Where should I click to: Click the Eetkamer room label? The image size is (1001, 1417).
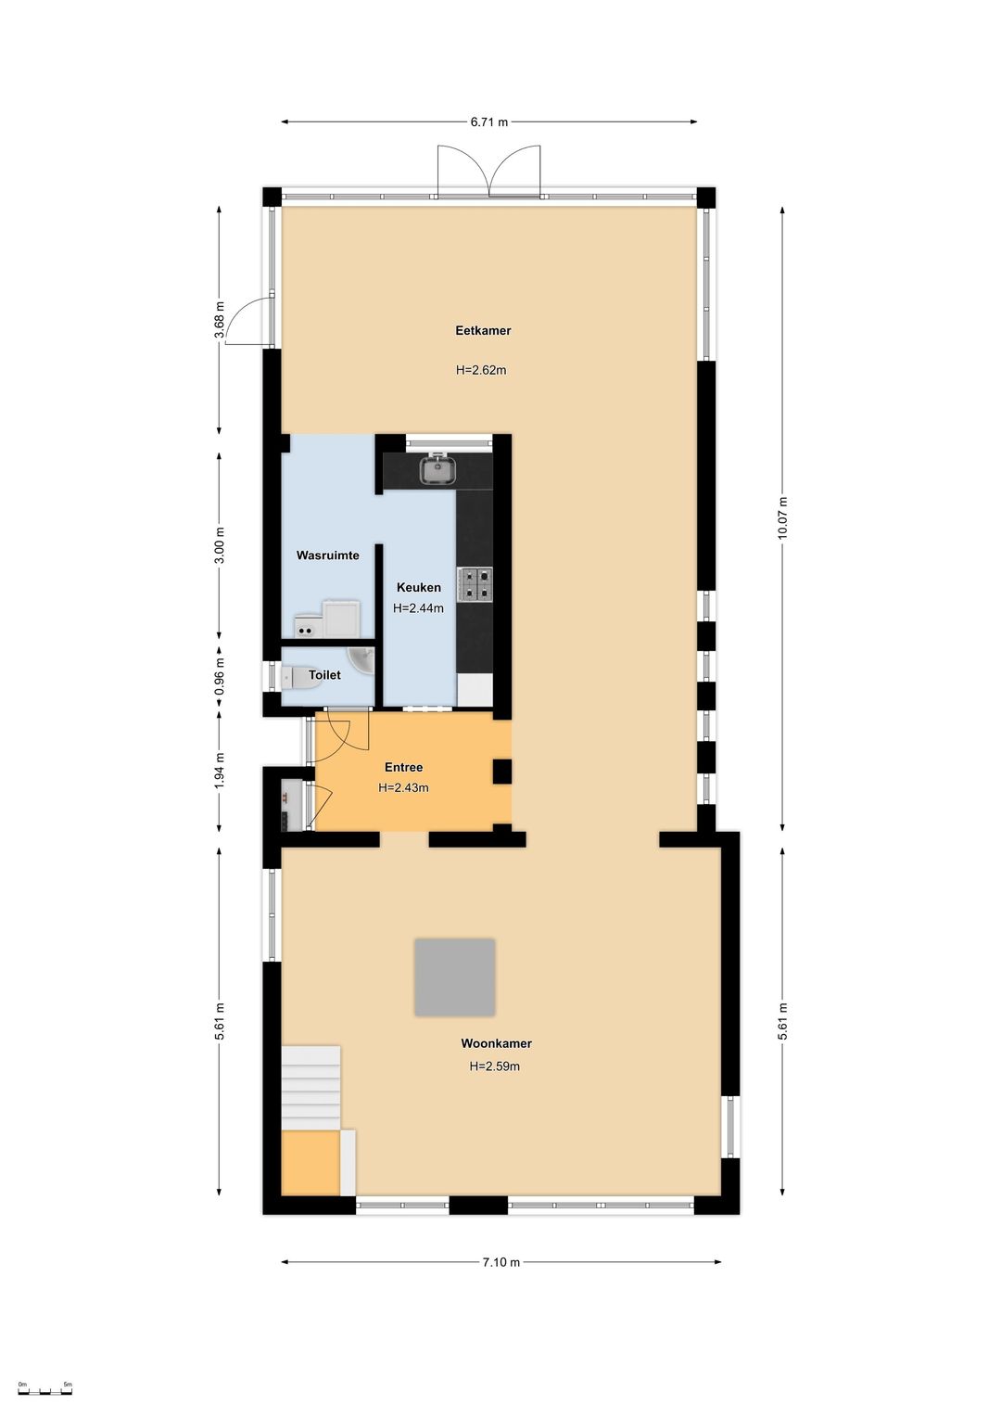[x=483, y=330]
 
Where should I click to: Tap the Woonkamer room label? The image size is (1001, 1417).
[x=496, y=1044]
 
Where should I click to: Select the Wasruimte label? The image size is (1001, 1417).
[x=327, y=555]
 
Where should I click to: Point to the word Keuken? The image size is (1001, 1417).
[x=419, y=588]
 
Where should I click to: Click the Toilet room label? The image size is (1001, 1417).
[x=324, y=675]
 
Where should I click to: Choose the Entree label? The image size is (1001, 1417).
[x=403, y=767]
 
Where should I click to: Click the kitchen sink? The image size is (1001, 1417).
[x=437, y=468]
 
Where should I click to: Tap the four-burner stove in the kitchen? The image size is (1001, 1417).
[x=475, y=584]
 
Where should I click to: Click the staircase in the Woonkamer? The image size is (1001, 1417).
[x=311, y=1083]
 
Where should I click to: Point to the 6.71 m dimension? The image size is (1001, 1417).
[x=488, y=122]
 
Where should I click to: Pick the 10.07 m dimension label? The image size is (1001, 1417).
[x=783, y=518]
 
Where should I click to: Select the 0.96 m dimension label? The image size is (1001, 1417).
[x=220, y=677]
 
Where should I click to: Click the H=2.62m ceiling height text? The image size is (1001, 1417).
[x=481, y=371]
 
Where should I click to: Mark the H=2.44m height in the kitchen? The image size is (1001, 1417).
[x=418, y=608]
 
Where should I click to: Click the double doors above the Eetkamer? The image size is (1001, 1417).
[x=489, y=171]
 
